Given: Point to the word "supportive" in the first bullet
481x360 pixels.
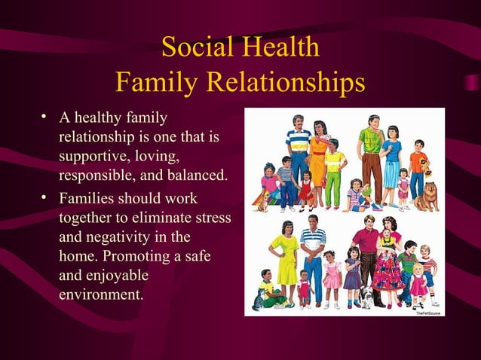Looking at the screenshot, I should click(x=90, y=157).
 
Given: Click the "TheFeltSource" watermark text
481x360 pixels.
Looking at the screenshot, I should click(x=427, y=311).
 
